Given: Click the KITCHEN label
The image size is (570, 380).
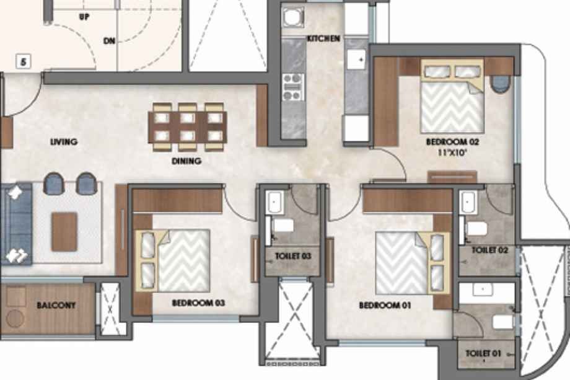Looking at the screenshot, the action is pyautogui.click(x=323, y=38).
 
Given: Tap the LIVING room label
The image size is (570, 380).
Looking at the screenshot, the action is pyautogui.click(x=64, y=141).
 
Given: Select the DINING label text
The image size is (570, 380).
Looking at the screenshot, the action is pyautogui.click(x=186, y=161).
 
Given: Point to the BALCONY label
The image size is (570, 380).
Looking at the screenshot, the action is pyautogui.click(x=56, y=306).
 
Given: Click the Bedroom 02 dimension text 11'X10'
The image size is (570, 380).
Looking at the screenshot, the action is pyautogui.click(x=452, y=152).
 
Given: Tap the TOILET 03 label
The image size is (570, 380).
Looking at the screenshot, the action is pyautogui.click(x=293, y=256).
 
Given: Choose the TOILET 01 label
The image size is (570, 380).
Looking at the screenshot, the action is pyautogui.click(x=483, y=353).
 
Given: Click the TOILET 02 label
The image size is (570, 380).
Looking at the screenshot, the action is pyautogui.click(x=489, y=250).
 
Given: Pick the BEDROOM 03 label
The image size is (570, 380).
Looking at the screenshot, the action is pyautogui.click(x=198, y=303).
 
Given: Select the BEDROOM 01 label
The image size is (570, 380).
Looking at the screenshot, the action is pyautogui.click(x=385, y=305).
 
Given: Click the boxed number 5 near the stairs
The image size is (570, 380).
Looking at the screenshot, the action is pyautogui.click(x=24, y=61).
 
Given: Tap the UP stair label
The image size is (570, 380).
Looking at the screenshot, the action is pyautogui.click(x=84, y=17).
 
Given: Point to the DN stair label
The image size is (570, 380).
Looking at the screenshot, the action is pyautogui.click(x=109, y=41).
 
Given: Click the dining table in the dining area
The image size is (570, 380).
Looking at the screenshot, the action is pyautogui.click(x=188, y=127).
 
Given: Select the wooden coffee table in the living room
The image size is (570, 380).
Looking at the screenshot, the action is pyautogui.click(x=64, y=232).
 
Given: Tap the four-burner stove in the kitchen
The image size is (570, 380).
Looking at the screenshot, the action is pyautogui.click(x=293, y=87).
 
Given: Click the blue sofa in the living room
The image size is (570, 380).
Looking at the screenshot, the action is pyautogui.click(x=16, y=224).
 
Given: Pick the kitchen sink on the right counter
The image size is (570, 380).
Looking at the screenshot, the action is pyautogui.click(x=356, y=60).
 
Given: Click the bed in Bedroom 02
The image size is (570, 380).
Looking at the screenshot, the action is pyautogui.click(x=452, y=96).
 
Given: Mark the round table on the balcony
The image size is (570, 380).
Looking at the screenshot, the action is pyautogui.click(x=15, y=319).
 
